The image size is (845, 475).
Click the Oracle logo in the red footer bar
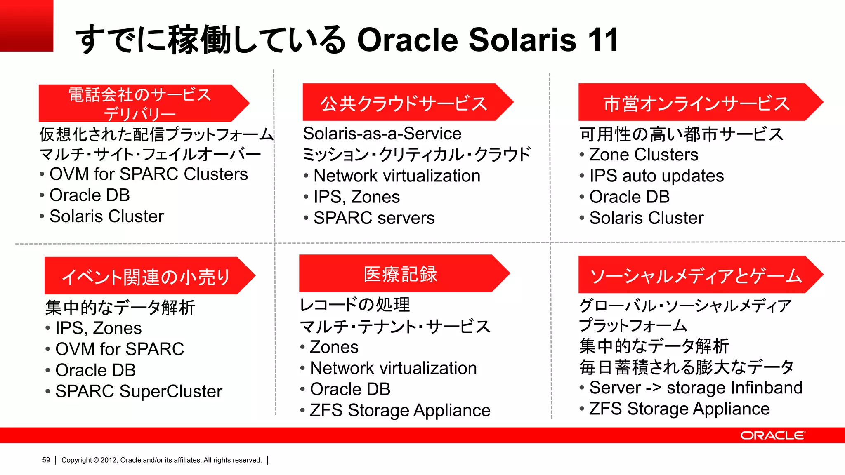[772, 435]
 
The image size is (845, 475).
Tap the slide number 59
[46, 460]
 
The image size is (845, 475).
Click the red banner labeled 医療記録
[400, 274]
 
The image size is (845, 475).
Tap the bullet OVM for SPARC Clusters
[148, 174]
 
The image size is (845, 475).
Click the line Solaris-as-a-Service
[382, 134]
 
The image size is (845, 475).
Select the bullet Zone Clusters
[643, 155]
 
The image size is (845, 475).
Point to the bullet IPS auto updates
[656, 176]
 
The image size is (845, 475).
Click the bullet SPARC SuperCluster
[138, 391]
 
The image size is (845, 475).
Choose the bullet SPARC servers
[373, 218]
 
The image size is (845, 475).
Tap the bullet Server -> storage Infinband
[695, 388]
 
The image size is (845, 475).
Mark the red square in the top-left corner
[26, 26]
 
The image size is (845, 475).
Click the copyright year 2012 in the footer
[109, 460]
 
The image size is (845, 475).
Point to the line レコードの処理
[355, 305]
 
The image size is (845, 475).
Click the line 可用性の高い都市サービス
[681, 134]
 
